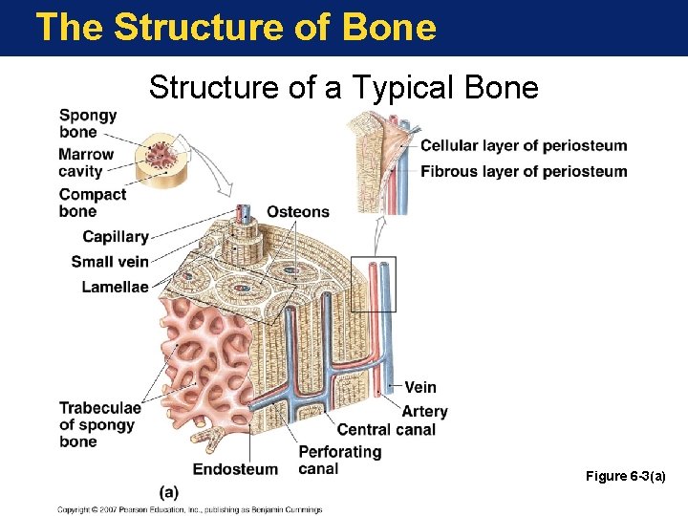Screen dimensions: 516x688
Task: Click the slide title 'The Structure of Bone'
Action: [235, 27]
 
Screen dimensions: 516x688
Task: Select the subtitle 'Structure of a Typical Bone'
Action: [344, 88]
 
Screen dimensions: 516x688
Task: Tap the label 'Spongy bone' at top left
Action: [88, 123]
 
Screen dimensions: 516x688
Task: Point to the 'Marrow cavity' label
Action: [86, 162]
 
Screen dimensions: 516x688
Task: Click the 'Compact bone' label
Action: [92, 203]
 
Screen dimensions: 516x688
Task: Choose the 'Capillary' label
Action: [116, 237]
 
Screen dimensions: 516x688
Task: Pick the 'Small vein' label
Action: [110, 262]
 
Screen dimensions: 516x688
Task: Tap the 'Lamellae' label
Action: [115, 287]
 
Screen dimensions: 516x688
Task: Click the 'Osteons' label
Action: [297, 212]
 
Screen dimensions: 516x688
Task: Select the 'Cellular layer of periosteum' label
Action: [524, 146]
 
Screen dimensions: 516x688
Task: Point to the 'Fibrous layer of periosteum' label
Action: [524, 172]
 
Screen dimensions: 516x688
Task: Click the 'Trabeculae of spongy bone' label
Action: [99, 425]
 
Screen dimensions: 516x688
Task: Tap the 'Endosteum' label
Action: [235, 469]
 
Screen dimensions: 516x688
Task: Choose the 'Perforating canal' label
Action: [339, 460]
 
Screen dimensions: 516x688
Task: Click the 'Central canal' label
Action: [386, 430]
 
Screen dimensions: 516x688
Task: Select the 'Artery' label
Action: [424, 411]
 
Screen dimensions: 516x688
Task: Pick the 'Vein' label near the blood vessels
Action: [420, 387]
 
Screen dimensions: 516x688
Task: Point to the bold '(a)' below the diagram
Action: [169, 492]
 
